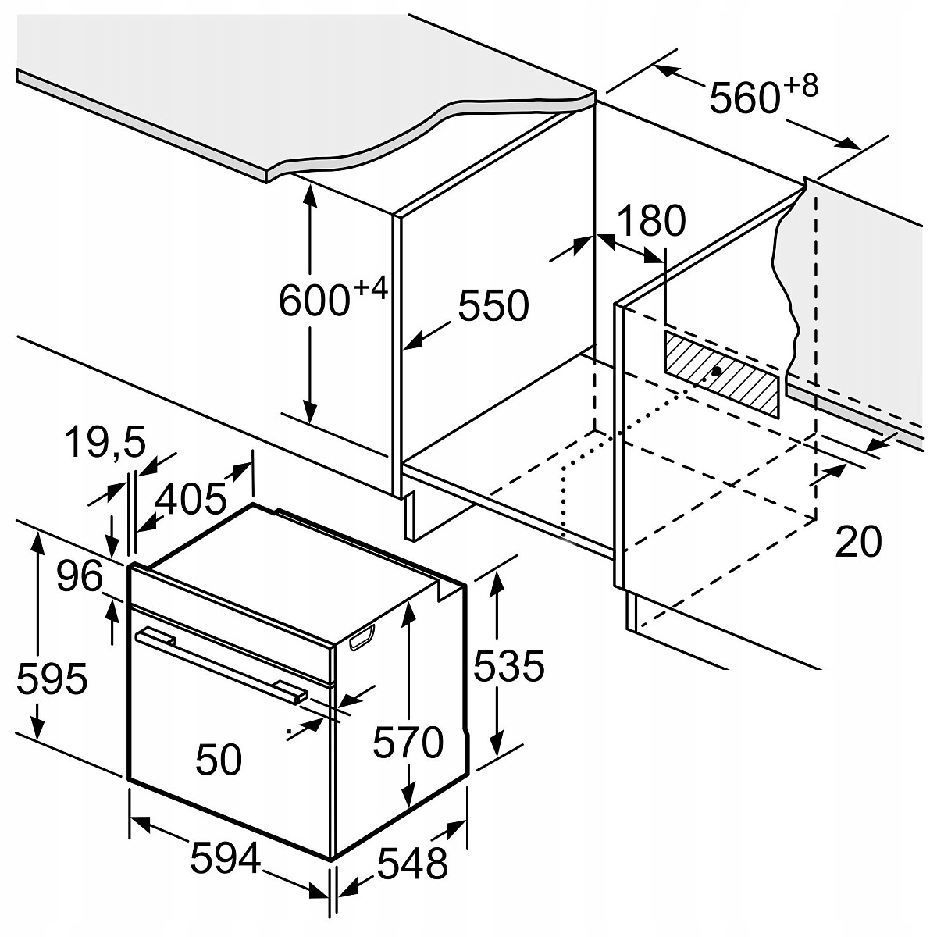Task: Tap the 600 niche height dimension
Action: (312, 301)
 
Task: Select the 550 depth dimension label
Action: (493, 305)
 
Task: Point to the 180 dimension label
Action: (650, 222)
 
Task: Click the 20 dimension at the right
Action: (858, 541)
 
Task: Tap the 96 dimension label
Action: (80, 578)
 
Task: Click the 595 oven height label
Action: (52, 679)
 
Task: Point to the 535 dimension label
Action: (508, 667)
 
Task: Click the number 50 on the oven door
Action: (219, 759)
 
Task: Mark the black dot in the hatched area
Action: (716, 372)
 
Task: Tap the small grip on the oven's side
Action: (362, 638)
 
